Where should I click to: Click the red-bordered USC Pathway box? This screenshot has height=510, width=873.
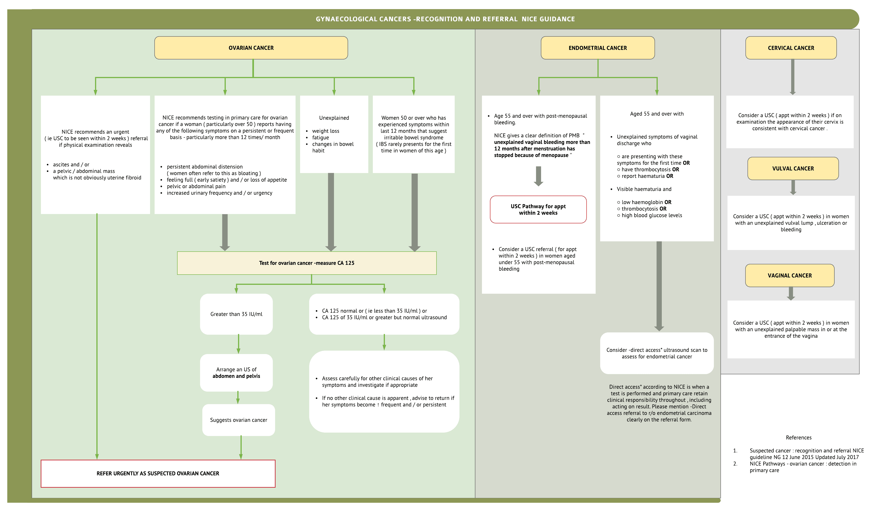point(538,209)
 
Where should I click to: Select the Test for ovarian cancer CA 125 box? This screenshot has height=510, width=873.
point(307,263)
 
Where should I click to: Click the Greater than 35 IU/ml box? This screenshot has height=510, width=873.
point(236,314)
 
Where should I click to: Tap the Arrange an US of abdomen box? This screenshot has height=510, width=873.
point(236,373)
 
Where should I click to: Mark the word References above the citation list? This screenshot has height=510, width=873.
point(798,438)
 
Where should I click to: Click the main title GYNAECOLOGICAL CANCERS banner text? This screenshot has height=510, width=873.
point(445,19)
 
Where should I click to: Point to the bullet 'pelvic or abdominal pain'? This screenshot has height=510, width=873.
point(196,186)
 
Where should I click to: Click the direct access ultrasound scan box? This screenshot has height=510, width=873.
point(657,353)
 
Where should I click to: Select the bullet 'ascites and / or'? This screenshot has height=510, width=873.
point(71,164)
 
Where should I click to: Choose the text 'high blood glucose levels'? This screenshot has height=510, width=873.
point(651,215)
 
